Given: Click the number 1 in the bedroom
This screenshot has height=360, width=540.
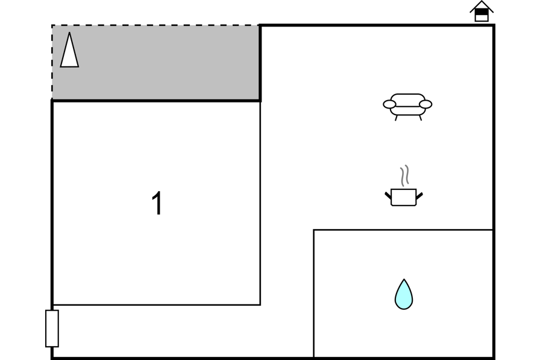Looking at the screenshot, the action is (157, 203).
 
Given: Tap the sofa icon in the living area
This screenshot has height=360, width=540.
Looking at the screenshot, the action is (407, 107).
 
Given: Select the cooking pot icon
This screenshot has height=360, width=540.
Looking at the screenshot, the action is (404, 186).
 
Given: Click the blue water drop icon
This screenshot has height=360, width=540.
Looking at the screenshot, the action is (404, 294).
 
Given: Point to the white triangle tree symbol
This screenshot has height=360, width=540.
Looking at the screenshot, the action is (69, 50).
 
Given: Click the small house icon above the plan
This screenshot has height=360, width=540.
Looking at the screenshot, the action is (482, 11).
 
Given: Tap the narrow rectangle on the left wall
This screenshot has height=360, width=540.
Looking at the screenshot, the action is (52, 328).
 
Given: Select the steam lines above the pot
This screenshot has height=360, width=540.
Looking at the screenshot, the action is (404, 175).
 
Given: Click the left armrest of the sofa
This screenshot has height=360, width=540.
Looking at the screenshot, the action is (389, 104).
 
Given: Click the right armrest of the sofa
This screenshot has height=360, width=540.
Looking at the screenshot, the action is (425, 104).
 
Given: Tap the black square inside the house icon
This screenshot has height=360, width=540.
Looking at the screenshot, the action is (482, 12).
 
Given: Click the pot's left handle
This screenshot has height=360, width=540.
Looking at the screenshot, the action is (388, 195).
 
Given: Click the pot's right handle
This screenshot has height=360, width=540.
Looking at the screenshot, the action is (419, 195).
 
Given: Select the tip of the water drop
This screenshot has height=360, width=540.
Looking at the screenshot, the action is (404, 279).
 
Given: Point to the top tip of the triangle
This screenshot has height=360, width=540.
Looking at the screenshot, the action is (69, 33).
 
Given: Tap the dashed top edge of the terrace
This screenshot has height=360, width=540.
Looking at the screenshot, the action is (155, 25).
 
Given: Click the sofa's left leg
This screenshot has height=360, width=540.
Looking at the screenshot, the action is (396, 118).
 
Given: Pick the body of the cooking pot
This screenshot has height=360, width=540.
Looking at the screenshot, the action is (404, 197).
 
